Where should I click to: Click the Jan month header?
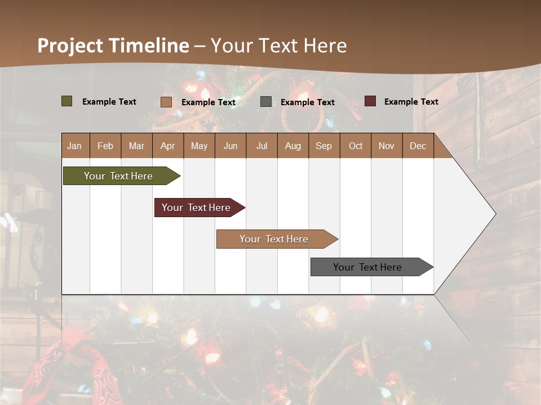click(75, 146)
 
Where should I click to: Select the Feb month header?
click(105, 146)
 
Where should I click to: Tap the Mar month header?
click(136, 146)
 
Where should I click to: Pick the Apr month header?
click(168, 146)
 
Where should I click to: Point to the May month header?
click(199, 146)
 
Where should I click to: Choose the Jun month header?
click(230, 146)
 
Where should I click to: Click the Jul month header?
click(261, 146)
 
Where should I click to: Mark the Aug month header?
click(293, 146)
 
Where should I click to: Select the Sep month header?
click(324, 146)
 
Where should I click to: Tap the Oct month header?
click(356, 146)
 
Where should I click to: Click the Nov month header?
click(387, 146)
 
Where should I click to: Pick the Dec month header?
click(418, 146)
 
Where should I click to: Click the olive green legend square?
click(67, 101)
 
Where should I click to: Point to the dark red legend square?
click(370, 101)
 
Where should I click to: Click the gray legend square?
click(266, 101)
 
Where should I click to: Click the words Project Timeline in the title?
click(113, 46)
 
